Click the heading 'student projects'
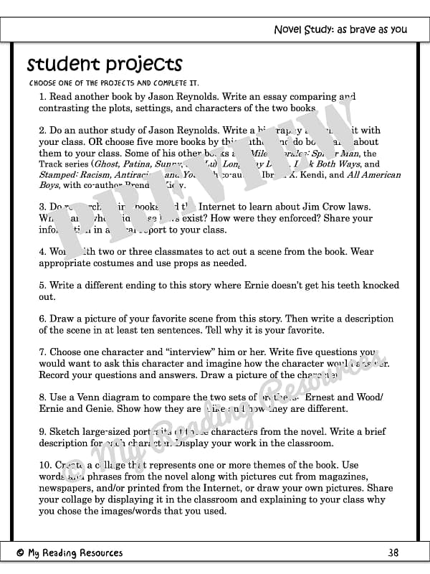click(x=105, y=65)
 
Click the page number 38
click(x=393, y=552)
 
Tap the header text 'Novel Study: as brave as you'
click(x=340, y=29)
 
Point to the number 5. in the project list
click(x=43, y=286)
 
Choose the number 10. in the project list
click(x=46, y=466)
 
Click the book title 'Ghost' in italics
click(x=110, y=164)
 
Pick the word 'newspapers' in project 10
click(x=65, y=489)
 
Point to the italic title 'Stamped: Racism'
click(x=77, y=174)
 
